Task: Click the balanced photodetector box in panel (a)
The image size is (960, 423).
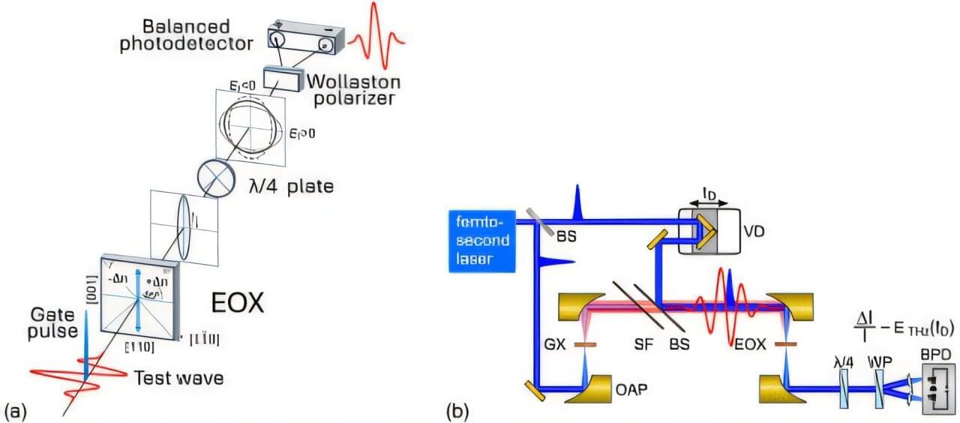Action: [305, 38]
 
